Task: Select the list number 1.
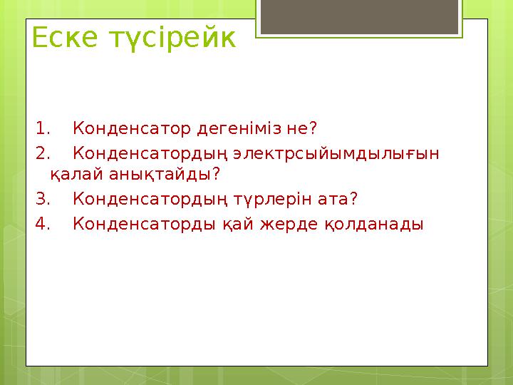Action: tap(42, 129)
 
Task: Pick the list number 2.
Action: tap(42, 153)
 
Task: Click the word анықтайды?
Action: tap(162, 175)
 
